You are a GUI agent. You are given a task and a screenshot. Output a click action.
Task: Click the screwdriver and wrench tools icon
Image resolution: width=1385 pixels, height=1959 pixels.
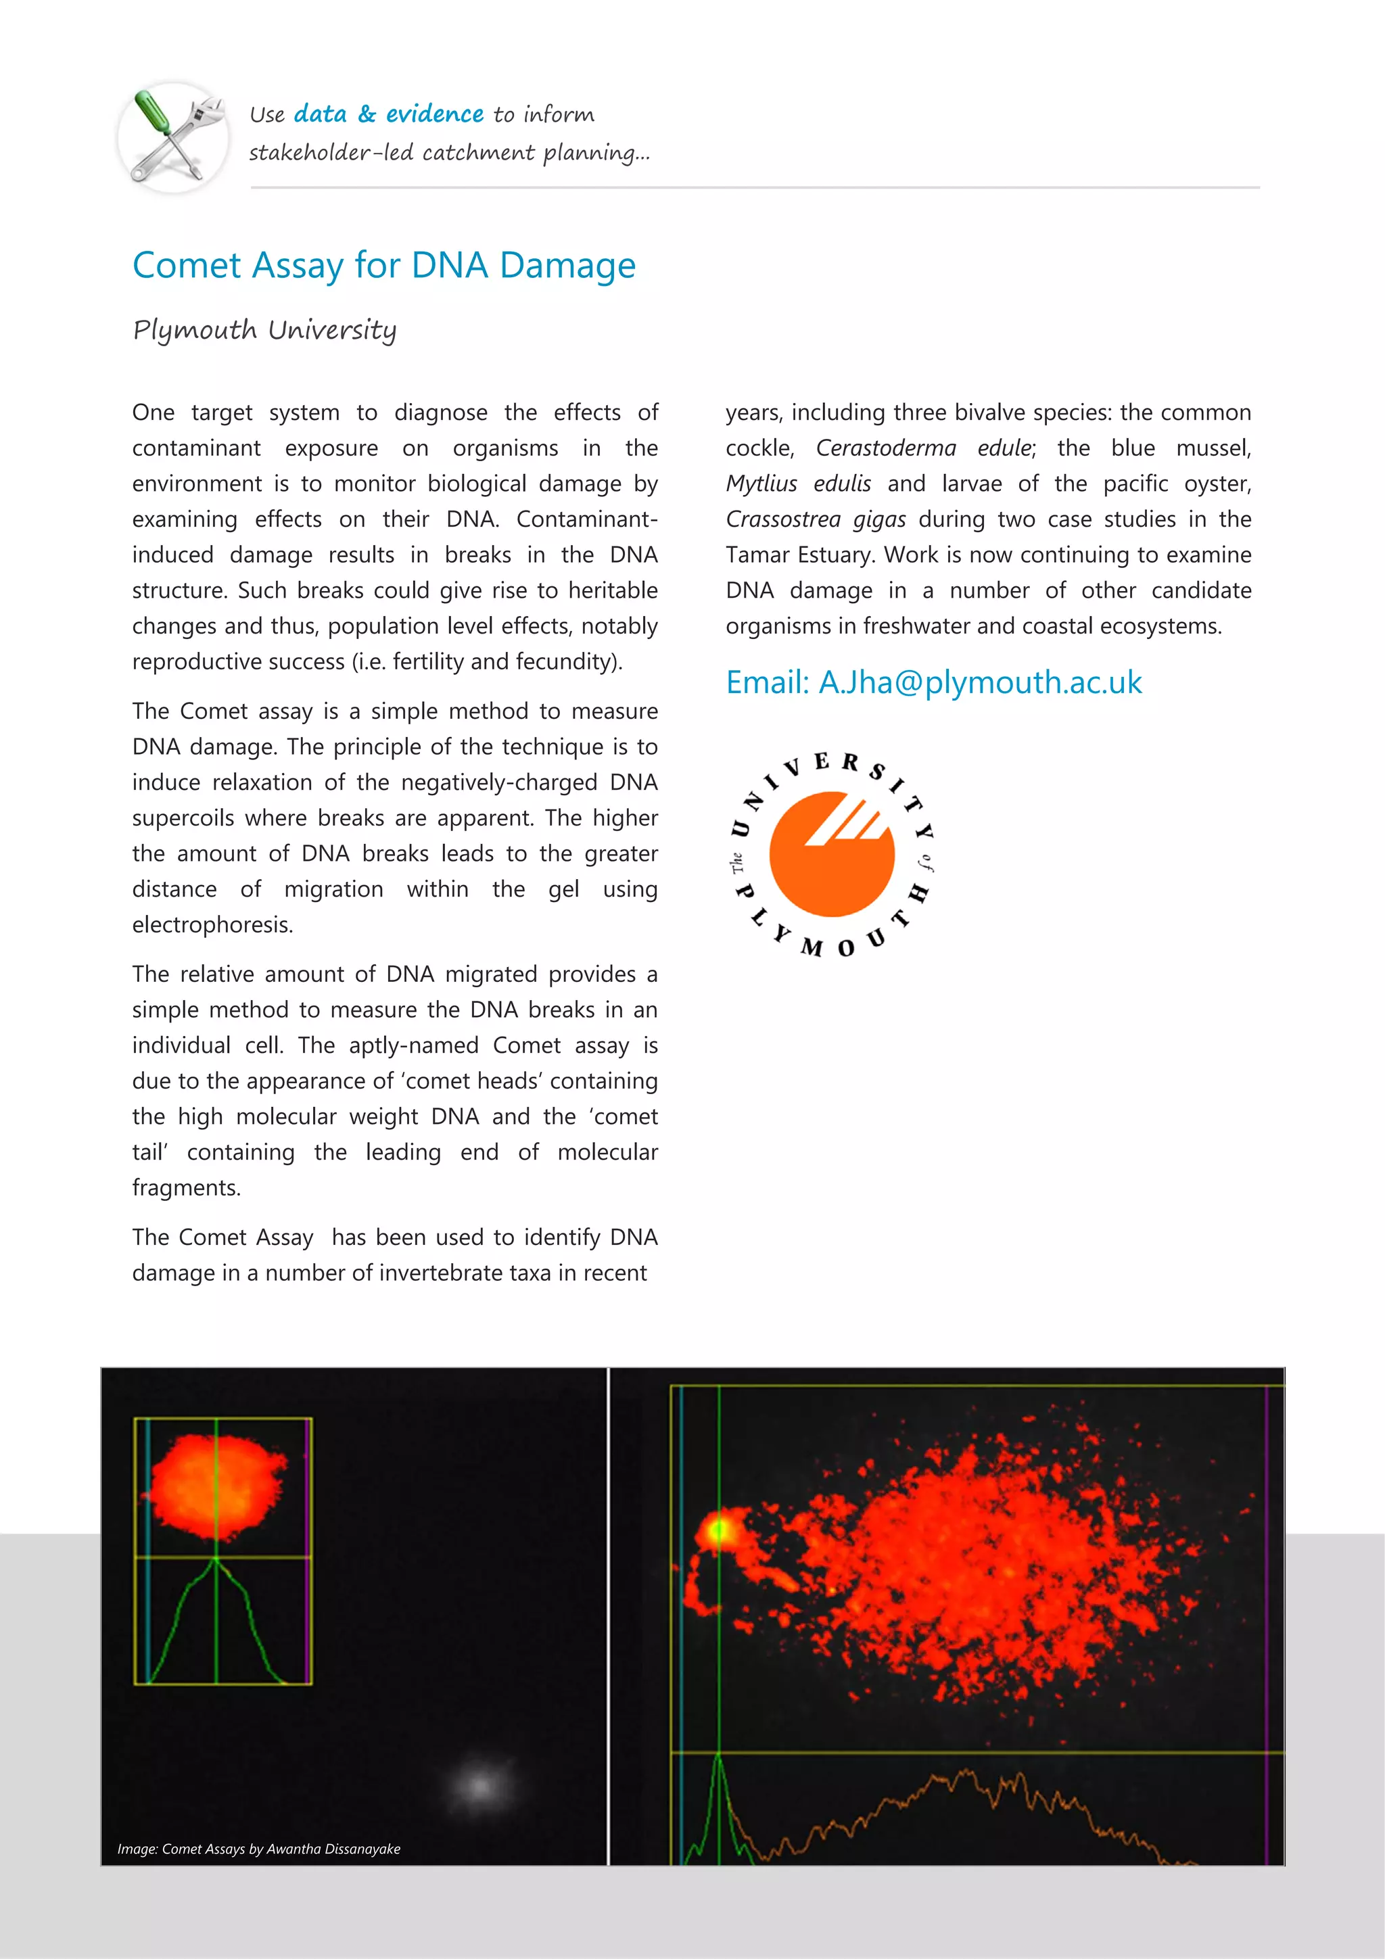(x=173, y=137)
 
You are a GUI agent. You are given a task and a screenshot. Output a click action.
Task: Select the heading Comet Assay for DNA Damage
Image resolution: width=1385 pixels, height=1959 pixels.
(x=384, y=265)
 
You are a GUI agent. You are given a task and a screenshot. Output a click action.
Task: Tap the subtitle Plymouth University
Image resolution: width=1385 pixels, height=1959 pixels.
(x=264, y=330)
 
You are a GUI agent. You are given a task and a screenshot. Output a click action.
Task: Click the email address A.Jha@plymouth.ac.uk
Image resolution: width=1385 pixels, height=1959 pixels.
(x=980, y=682)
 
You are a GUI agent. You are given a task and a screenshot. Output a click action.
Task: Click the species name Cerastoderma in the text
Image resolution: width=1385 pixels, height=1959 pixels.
(x=885, y=448)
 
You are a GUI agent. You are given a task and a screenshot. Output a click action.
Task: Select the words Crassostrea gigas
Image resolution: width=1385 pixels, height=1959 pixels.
(x=815, y=519)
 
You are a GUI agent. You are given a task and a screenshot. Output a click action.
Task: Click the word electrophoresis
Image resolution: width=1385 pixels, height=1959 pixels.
(x=212, y=925)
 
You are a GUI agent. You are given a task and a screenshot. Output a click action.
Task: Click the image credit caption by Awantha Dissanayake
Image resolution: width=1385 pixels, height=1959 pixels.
(x=258, y=1849)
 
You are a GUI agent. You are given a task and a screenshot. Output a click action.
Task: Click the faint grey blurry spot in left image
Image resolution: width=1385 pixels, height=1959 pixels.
(x=480, y=1785)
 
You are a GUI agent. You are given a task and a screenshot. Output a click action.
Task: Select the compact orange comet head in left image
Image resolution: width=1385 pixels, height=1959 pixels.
(x=218, y=1486)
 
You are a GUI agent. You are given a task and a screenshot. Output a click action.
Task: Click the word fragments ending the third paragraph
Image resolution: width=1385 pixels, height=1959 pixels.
(x=186, y=1187)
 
